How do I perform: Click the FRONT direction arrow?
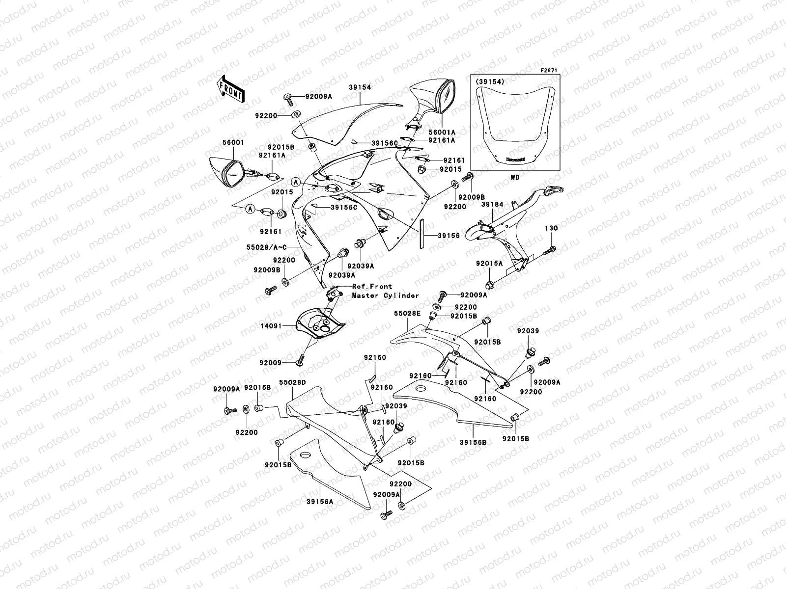(x=230, y=89)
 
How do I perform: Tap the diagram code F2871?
(x=549, y=71)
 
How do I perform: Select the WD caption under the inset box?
(x=515, y=177)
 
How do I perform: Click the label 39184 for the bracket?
(x=492, y=205)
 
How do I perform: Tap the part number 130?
(x=551, y=228)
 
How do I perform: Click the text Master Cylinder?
(x=385, y=295)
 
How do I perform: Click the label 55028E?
(x=406, y=312)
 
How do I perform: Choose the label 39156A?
(x=320, y=501)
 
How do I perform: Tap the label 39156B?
(x=473, y=442)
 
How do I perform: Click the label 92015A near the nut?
(x=489, y=264)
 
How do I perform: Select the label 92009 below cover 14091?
(x=271, y=363)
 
